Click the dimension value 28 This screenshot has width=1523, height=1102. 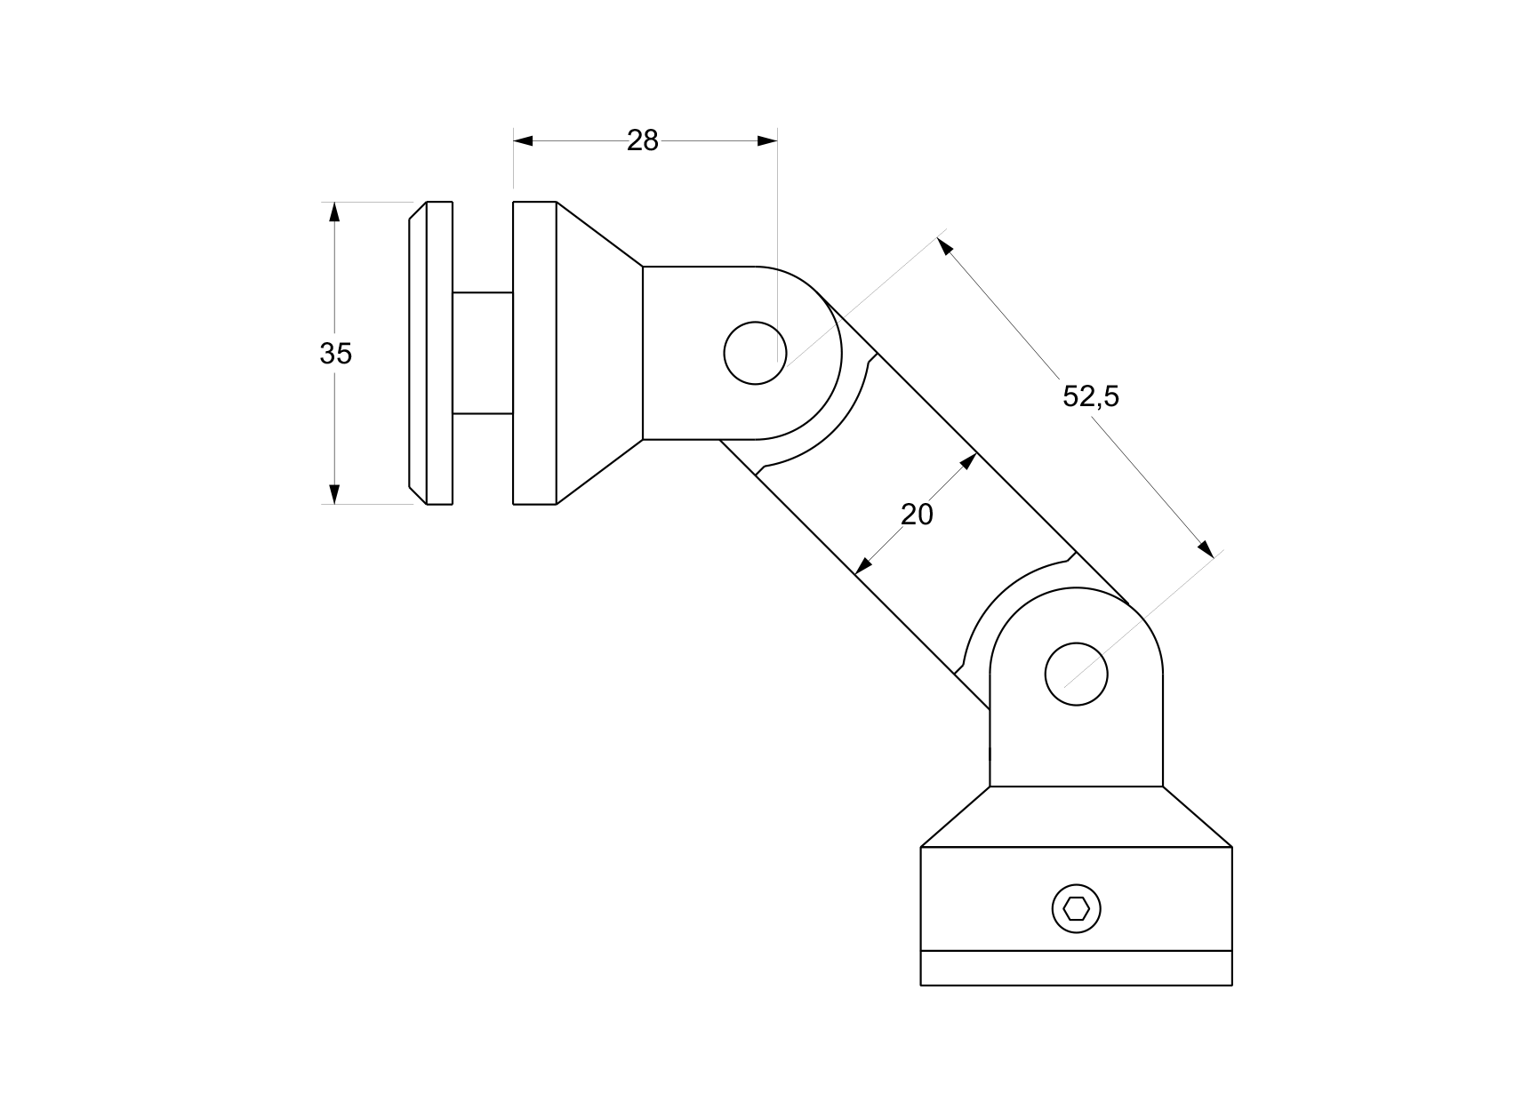pos(642,140)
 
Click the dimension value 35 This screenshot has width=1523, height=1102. pos(335,354)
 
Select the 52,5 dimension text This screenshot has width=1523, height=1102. pos(1090,396)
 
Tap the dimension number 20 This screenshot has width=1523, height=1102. pos(917,515)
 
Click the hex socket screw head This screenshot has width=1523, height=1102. pos(1076,908)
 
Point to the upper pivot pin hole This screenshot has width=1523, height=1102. pos(755,353)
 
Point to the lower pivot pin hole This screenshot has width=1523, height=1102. pos(1076,675)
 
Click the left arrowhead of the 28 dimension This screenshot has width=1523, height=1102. pos(524,140)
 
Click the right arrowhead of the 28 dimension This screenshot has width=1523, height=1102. pos(766,140)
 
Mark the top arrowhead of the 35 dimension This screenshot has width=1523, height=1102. pos(334,212)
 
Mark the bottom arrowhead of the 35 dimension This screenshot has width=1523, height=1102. pos(334,494)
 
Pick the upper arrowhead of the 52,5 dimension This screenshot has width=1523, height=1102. pos(946,245)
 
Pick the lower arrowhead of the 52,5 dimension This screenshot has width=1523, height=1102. pos(1205,548)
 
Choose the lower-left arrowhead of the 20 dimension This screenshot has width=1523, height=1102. pos(862,566)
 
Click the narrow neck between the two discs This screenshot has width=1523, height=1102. pos(482,353)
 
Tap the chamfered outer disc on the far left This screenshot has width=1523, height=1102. pos(429,353)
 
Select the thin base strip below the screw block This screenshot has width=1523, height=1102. pos(1076,968)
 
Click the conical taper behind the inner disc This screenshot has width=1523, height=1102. pos(598,353)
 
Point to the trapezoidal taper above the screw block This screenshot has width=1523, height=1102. pos(1076,817)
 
